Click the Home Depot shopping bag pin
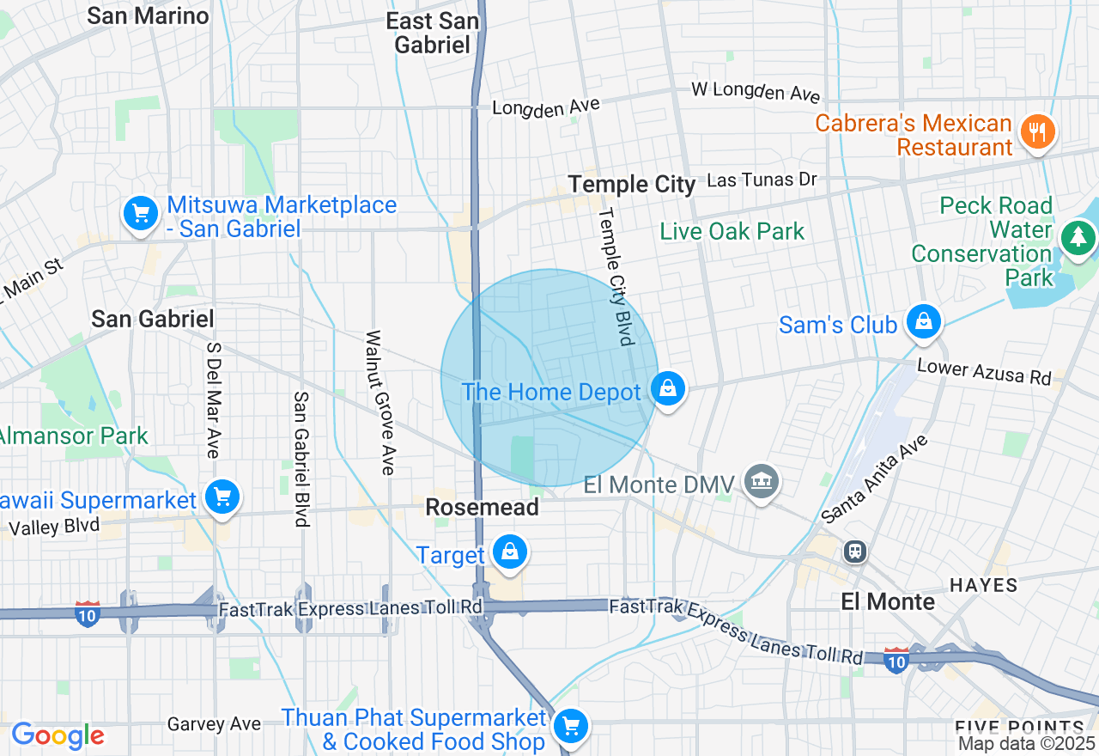coord(667,389)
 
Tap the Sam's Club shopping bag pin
coord(924,322)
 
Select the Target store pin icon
coord(510,552)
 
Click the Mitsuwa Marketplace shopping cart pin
coord(140,213)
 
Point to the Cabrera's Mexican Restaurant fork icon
coord(1037,132)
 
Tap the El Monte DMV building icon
coord(761,481)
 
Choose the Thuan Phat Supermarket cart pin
coord(569,726)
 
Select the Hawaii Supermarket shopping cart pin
coord(222,497)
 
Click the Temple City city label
coord(632,184)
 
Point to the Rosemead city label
coord(483,508)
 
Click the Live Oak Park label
coord(732,231)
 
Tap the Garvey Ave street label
coord(214,724)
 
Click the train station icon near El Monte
coord(855,552)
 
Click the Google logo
coord(58,735)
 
